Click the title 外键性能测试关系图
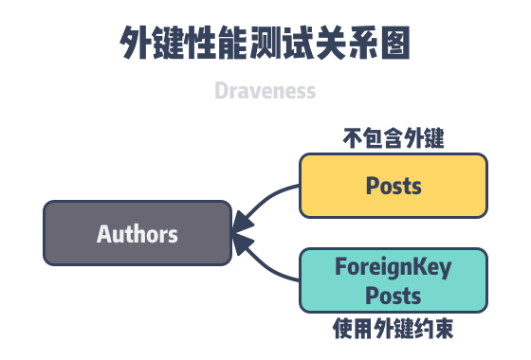[265, 45]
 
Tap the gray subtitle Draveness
[265, 92]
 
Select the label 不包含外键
[394, 139]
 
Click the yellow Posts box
[394, 185]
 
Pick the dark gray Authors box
[137, 233]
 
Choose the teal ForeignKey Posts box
[394, 280]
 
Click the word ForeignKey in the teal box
[394, 267]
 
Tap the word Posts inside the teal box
[394, 295]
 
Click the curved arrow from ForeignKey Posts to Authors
[270, 267]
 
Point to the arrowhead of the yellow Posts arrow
[243, 223]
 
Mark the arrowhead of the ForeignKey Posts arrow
[243, 244]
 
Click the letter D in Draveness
[221, 92]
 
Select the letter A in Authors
[103, 233]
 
